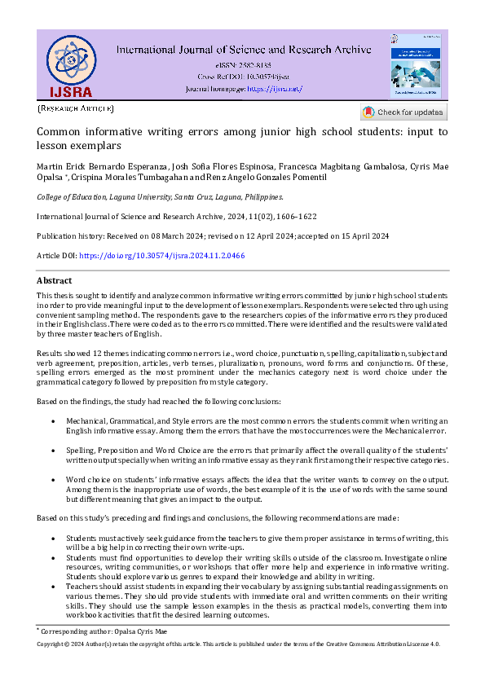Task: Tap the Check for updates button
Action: click(x=403, y=112)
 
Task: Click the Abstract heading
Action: click(x=55, y=280)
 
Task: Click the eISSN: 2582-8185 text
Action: click(x=244, y=64)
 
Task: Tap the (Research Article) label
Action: click(x=76, y=108)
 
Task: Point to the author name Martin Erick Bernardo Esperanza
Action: click(x=100, y=167)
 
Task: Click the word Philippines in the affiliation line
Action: click(x=259, y=196)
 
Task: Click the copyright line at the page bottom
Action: click(x=239, y=644)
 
